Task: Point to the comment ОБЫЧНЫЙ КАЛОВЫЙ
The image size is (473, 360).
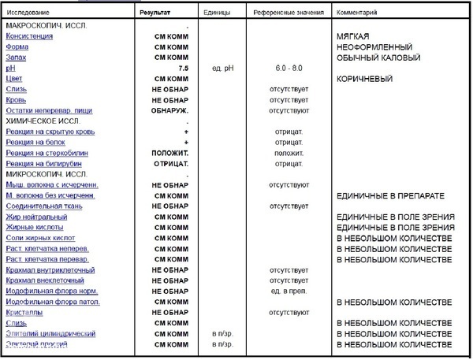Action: pos(378,58)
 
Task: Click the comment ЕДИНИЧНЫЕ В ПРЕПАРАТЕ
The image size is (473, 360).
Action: pos(392,195)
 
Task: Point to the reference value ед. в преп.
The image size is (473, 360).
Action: pos(288,291)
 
